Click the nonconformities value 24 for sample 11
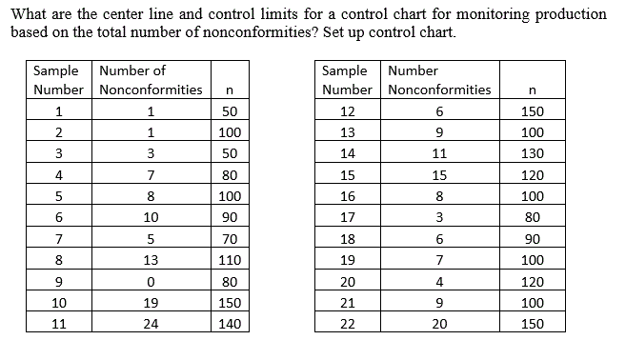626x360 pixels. [x=151, y=324]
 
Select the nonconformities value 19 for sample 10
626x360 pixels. [x=151, y=303]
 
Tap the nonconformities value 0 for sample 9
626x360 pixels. [x=151, y=281]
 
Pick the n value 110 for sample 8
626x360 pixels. [x=229, y=260]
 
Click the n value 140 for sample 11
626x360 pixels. [x=229, y=324]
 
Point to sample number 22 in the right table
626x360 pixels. [x=347, y=324]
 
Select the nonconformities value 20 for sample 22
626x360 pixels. [x=439, y=324]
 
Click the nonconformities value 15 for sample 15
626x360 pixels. [x=439, y=175]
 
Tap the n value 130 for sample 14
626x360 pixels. [x=533, y=153]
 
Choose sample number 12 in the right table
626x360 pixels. [x=347, y=110]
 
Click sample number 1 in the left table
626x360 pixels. [x=59, y=110]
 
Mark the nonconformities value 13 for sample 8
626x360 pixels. [x=151, y=260]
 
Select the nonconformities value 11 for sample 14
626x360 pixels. [x=439, y=153]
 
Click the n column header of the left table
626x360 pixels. [x=229, y=90]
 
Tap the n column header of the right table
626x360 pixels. [x=533, y=90]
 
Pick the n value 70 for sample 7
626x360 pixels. [x=229, y=238]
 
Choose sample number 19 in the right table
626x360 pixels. [x=347, y=260]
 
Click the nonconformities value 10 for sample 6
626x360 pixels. [x=151, y=217]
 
